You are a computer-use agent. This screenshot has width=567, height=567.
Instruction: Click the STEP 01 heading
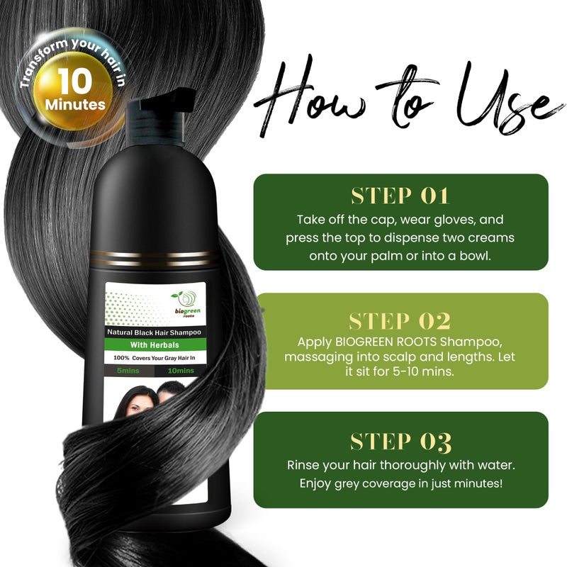(400, 196)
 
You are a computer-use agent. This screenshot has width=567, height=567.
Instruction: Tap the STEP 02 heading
(400, 320)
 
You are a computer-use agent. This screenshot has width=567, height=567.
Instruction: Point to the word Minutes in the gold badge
(74, 105)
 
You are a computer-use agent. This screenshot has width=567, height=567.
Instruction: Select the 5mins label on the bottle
(128, 371)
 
